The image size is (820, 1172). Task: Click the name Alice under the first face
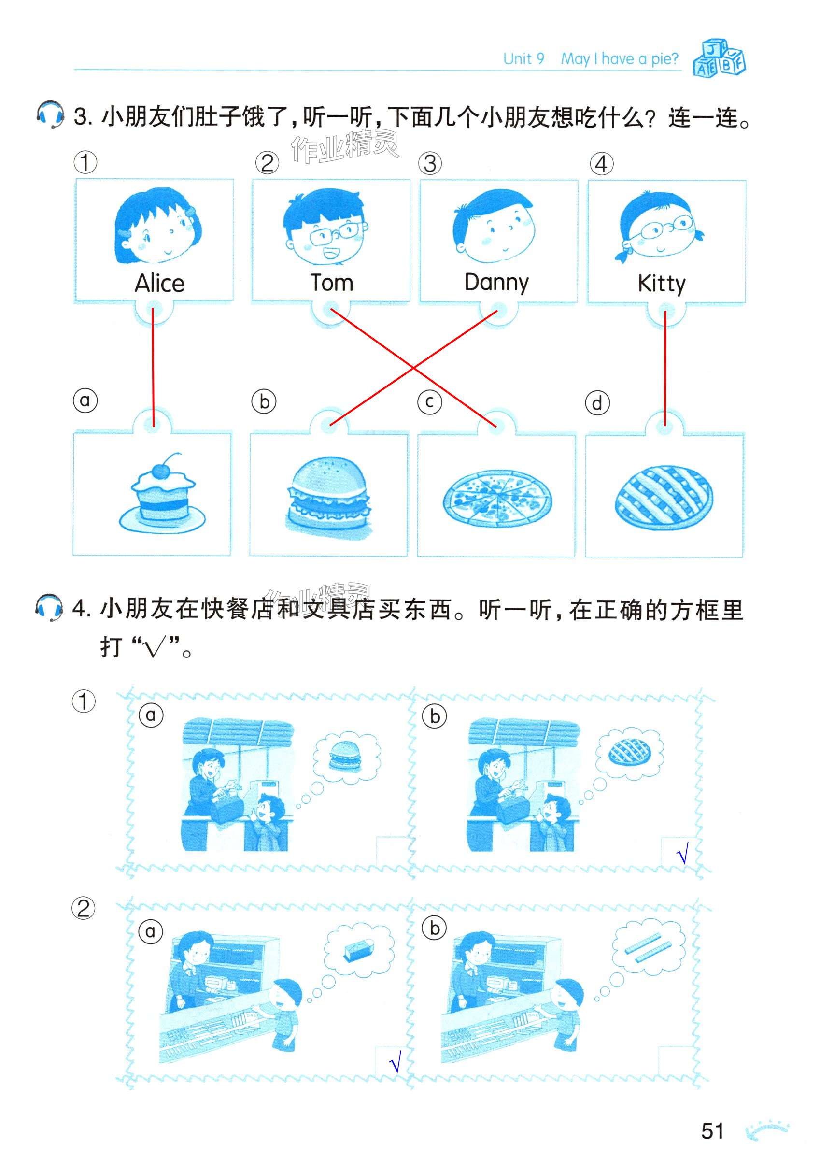point(159,283)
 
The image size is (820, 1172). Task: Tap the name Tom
point(332,282)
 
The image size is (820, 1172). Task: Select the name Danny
point(496,283)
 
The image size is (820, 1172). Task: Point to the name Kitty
point(661,283)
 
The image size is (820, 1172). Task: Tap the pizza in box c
point(497,498)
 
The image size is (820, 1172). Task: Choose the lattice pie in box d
point(664,496)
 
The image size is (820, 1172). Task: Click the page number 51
point(712,1131)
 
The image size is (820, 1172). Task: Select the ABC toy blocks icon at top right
point(719,57)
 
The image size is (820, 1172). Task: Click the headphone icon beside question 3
point(50,114)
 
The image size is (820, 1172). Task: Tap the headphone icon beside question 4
point(49,607)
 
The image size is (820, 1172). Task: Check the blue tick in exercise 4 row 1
point(683,853)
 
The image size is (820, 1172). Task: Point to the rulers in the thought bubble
point(647,948)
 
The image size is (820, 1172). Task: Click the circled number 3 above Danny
point(430,163)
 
